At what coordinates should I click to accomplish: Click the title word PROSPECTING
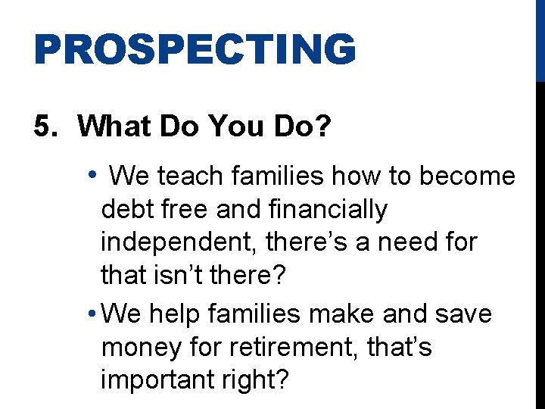[x=195, y=49]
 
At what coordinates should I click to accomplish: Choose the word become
[x=467, y=176]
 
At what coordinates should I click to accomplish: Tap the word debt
[x=125, y=209]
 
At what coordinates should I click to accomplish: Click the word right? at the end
[x=253, y=381]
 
